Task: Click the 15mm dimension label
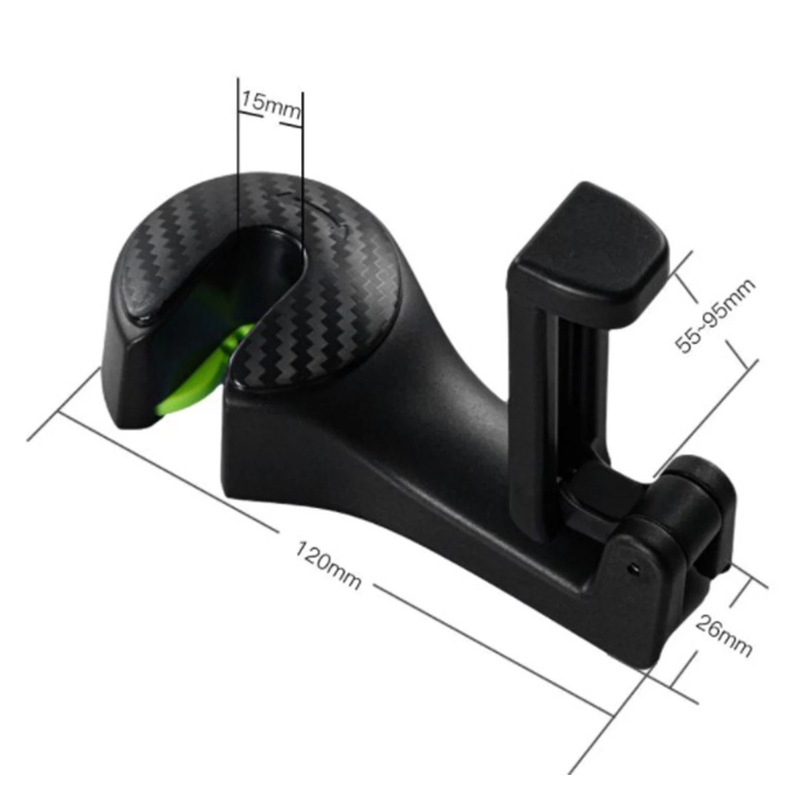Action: click(x=270, y=105)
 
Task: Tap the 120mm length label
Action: click(x=329, y=564)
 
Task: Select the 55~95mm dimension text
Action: click(x=715, y=315)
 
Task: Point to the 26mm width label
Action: click(x=723, y=634)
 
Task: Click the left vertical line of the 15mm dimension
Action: click(x=237, y=152)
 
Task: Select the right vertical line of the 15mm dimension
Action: click(x=303, y=152)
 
